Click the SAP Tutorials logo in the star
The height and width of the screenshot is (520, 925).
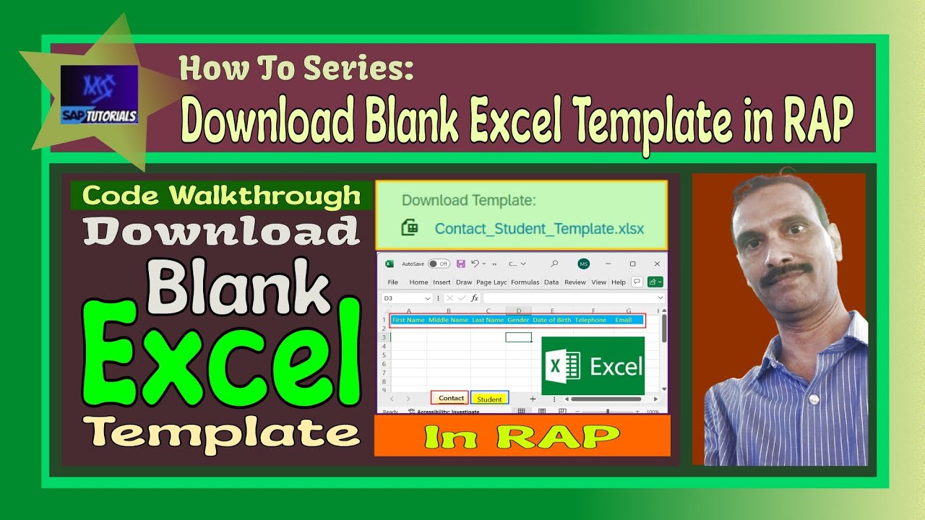(99, 95)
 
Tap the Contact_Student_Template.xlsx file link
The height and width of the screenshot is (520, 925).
(539, 228)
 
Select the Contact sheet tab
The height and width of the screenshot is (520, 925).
(450, 398)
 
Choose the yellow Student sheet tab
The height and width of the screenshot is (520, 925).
(489, 399)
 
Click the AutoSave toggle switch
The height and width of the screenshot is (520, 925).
(438, 264)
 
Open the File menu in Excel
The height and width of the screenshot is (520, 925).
(393, 282)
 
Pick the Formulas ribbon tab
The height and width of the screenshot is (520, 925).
(525, 282)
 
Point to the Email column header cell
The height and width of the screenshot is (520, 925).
(623, 320)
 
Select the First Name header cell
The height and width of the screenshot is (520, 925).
(408, 320)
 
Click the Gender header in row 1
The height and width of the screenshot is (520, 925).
(518, 320)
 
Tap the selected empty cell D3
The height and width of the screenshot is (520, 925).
(518, 337)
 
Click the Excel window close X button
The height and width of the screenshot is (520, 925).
(657, 264)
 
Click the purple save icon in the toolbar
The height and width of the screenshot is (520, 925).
(460, 264)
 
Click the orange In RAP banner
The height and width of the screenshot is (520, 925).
(522, 435)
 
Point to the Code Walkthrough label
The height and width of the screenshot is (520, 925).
(221, 196)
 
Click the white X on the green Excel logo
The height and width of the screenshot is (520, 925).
(556, 366)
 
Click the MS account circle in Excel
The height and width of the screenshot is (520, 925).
(584, 264)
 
